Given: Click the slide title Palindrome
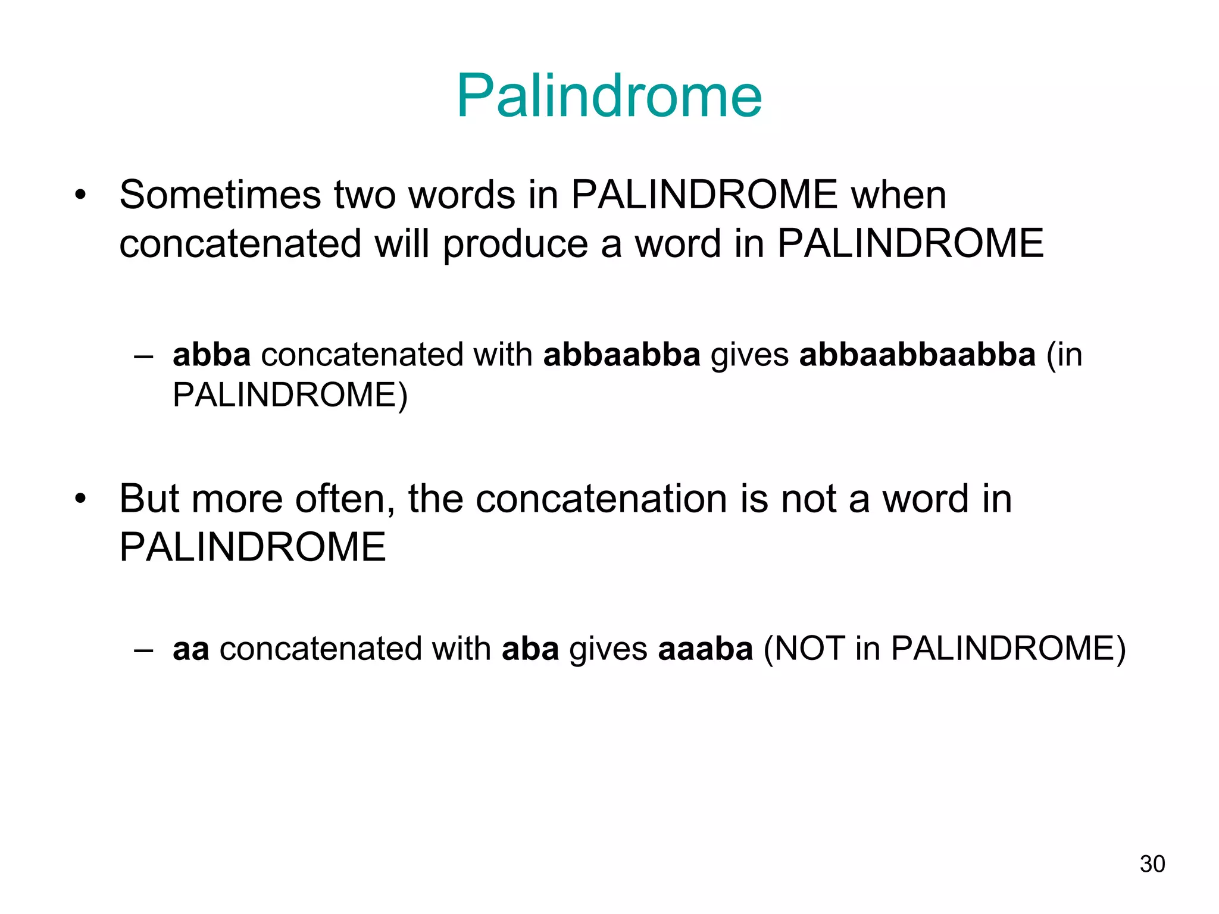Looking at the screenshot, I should (x=609, y=96).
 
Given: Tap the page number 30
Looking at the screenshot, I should (x=1152, y=864).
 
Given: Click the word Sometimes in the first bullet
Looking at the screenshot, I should (x=220, y=195).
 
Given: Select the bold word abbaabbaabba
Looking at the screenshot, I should (x=917, y=355).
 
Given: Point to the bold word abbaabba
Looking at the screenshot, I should (x=621, y=355).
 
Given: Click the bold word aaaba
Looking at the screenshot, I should (x=705, y=649).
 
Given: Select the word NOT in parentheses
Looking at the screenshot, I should (x=809, y=649).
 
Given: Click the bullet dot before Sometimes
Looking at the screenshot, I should (x=80, y=195).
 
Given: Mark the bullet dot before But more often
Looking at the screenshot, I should (x=80, y=499).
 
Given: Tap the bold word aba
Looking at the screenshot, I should (x=530, y=649).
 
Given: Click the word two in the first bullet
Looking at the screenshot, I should (x=364, y=195).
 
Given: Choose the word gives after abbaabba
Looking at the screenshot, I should (x=749, y=356).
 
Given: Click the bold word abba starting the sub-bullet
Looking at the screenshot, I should (x=211, y=355).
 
